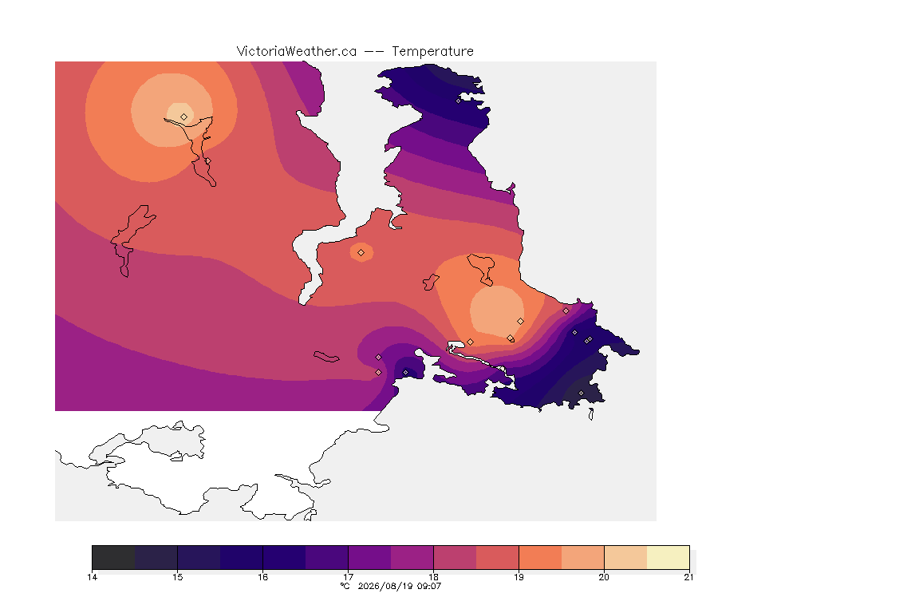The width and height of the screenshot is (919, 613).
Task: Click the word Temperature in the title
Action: pos(432,52)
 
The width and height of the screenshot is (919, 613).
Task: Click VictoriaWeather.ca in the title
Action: pos(297,52)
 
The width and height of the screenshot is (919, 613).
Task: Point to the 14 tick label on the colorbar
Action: pos(92,577)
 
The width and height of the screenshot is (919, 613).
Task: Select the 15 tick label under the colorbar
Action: pos(178,577)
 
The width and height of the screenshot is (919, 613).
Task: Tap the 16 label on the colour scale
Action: pos(262,577)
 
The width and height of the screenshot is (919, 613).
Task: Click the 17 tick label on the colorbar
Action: pos(348,577)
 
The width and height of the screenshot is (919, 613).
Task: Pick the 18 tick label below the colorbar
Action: pos(433,577)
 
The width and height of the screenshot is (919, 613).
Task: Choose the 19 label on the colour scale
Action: pos(519,577)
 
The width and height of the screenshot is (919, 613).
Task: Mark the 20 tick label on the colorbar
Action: pos(604,577)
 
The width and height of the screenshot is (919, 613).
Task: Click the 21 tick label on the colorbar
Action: pos(688,577)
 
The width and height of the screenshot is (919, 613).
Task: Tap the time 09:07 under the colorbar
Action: pos(428,586)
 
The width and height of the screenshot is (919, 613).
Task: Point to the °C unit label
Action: pos(345,586)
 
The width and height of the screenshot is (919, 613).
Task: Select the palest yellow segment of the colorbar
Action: pos(669,557)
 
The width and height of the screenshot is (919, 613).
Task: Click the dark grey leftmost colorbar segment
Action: pos(114,557)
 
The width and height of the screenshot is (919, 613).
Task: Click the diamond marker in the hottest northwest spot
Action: pos(184,117)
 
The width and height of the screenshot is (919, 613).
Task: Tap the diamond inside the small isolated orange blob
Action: pos(361,253)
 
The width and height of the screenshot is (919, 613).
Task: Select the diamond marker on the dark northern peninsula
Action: pos(459,101)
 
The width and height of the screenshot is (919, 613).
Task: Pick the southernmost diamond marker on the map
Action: pos(582,393)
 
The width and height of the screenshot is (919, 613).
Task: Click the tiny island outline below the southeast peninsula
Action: pos(591,414)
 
